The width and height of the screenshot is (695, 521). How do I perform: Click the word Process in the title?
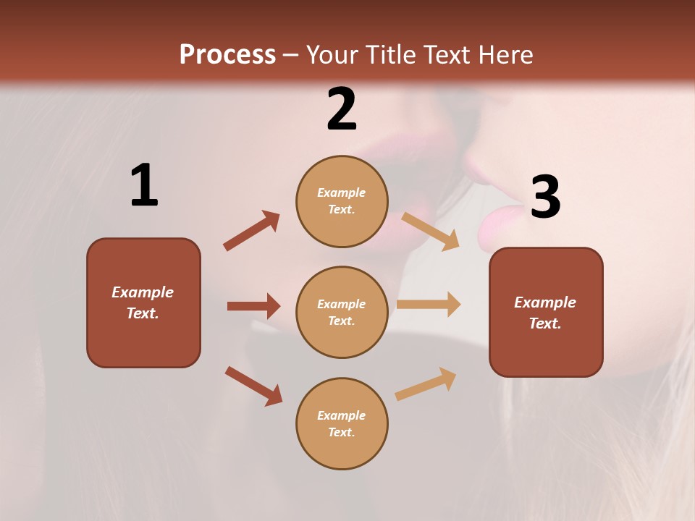pos(227,55)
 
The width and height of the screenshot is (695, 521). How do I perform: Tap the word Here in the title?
pos(504,55)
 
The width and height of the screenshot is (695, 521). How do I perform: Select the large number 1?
pos(144,185)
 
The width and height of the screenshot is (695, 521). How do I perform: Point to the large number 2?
pos(342,109)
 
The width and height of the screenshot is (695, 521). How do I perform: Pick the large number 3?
pos(545,198)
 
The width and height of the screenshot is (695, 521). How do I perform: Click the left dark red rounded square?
pos(143,302)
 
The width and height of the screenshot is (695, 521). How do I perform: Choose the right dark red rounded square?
pos(546,312)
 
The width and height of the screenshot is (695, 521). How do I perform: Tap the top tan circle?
pos(342,201)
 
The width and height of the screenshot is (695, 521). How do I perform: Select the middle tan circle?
pos(342,312)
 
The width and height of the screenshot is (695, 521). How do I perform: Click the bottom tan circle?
pos(342,423)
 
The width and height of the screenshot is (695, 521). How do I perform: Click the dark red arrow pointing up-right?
pos(252,230)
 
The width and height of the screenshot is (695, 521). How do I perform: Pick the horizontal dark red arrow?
pos(253,306)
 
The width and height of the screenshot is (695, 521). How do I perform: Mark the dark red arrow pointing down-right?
pos(253,386)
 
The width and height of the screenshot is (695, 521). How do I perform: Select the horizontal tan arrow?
pos(429,305)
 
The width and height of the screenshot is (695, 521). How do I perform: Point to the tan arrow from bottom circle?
pos(426,384)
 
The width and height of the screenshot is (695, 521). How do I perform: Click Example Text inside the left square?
pos(143,302)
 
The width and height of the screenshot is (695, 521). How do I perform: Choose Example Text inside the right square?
pos(545,313)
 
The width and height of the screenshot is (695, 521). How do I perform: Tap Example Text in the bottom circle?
pos(342,423)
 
